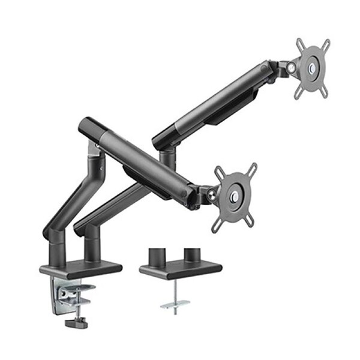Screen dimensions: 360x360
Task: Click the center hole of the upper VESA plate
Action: pyautogui.click(x=312, y=69)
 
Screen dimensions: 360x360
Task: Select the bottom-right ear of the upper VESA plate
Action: pyautogui.click(x=325, y=94)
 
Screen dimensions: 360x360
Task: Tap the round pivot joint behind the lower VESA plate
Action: pyautogui.click(x=211, y=193)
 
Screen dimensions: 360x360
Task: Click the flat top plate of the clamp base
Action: pyautogui.click(x=81, y=269)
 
